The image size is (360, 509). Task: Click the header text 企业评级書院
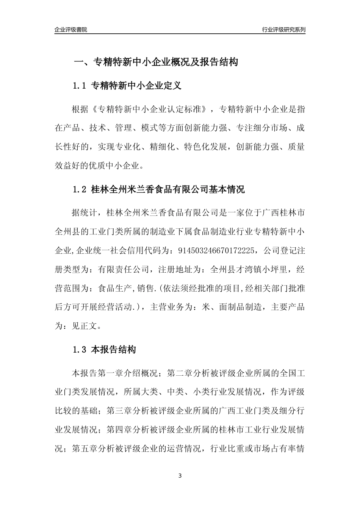pos(70,30)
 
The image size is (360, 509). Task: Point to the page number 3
pos(180,476)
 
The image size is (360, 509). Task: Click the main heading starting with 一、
pos(155,62)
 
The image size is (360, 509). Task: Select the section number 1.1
pos(80,86)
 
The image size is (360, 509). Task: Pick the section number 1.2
pos(80,189)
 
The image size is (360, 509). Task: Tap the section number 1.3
pos(80,350)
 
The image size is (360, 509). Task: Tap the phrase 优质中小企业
pos(114,166)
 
